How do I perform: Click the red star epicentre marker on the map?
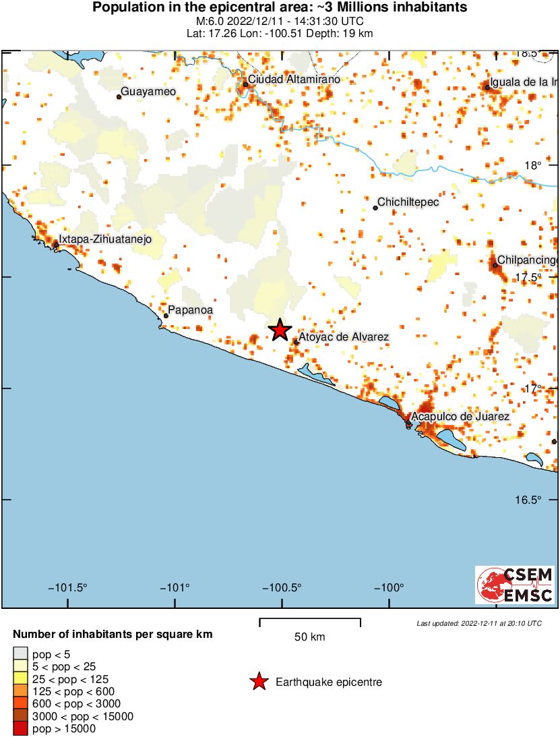click(x=280, y=330)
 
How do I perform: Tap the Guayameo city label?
click(x=148, y=92)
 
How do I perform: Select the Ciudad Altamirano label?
click(x=294, y=80)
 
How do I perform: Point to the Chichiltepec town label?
click(x=408, y=202)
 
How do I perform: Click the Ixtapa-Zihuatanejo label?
click(x=105, y=239)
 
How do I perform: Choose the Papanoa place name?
click(x=191, y=310)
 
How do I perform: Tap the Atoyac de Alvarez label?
click(x=344, y=336)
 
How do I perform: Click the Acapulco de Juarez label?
click(x=460, y=417)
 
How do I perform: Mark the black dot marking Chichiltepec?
click(x=375, y=208)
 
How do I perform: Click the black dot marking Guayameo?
click(x=119, y=97)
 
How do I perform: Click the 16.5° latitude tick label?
click(x=529, y=500)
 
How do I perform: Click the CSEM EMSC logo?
click(x=515, y=585)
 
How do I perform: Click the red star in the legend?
click(x=259, y=682)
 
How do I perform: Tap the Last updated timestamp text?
click(x=478, y=623)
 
